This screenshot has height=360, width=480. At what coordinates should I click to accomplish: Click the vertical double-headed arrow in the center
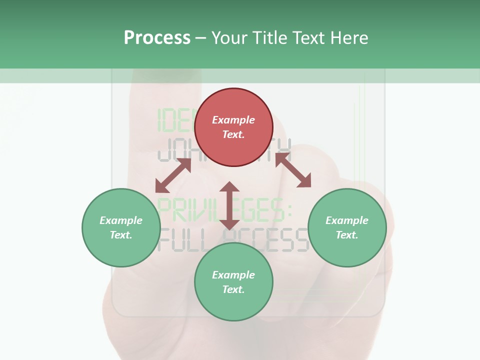click(x=229, y=205)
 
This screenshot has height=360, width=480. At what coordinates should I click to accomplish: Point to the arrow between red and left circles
click(x=173, y=175)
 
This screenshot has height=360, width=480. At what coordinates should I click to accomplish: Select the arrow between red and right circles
click(x=293, y=170)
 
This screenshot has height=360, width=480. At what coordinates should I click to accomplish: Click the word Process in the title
click(x=157, y=38)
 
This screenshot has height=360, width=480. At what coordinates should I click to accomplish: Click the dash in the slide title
click(x=201, y=38)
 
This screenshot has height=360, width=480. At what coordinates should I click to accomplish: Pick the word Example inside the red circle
click(x=233, y=120)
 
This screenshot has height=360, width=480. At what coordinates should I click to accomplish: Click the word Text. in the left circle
click(x=121, y=235)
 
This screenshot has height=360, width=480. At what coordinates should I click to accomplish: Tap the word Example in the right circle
click(x=347, y=220)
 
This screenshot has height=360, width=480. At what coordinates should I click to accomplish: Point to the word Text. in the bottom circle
click(x=233, y=289)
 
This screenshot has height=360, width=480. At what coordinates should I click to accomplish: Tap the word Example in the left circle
click(x=121, y=220)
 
